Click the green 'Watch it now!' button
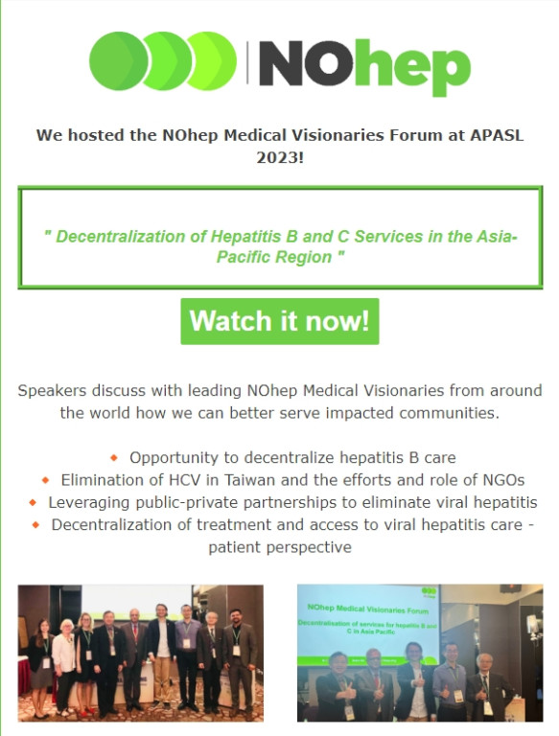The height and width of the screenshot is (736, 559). (280, 321)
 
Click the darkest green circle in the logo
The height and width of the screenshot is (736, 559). (117, 60)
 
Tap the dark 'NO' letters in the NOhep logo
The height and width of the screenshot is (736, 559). (306, 63)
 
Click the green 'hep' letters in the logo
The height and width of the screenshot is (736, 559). (412, 68)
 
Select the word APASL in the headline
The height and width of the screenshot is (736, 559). (497, 135)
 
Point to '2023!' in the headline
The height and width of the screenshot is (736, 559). (280, 157)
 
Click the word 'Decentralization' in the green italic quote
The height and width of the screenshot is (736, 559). (120, 236)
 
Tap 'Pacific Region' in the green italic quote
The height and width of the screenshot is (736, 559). (274, 257)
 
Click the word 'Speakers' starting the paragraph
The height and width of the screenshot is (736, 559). (52, 391)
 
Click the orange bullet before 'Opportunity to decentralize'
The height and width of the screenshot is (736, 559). (114, 458)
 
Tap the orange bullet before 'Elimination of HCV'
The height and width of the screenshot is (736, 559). (46, 480)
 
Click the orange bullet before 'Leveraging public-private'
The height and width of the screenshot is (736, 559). (33, 502)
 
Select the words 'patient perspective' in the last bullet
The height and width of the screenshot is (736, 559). (280, 547)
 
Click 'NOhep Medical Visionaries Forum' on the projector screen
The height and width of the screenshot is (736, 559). (368, 609)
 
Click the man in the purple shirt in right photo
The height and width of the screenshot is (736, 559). (449, 681)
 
